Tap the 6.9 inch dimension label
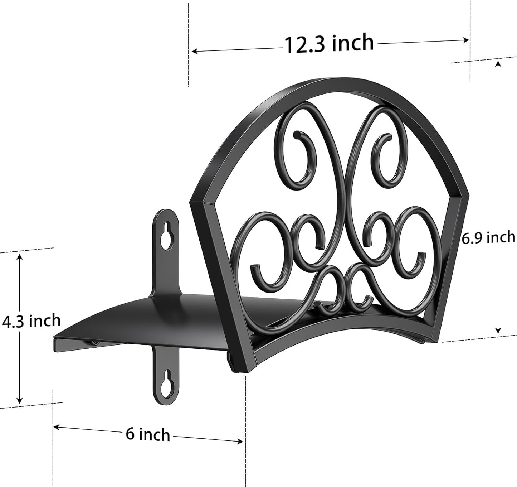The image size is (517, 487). pos(488,237)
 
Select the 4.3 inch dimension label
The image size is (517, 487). pos(31,320)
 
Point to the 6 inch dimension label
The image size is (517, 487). pos(148,434)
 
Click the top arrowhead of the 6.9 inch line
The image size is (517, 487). pos(498,63)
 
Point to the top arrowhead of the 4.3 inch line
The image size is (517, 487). pos(20,256)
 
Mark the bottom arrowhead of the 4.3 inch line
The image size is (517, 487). pos(20,401)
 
